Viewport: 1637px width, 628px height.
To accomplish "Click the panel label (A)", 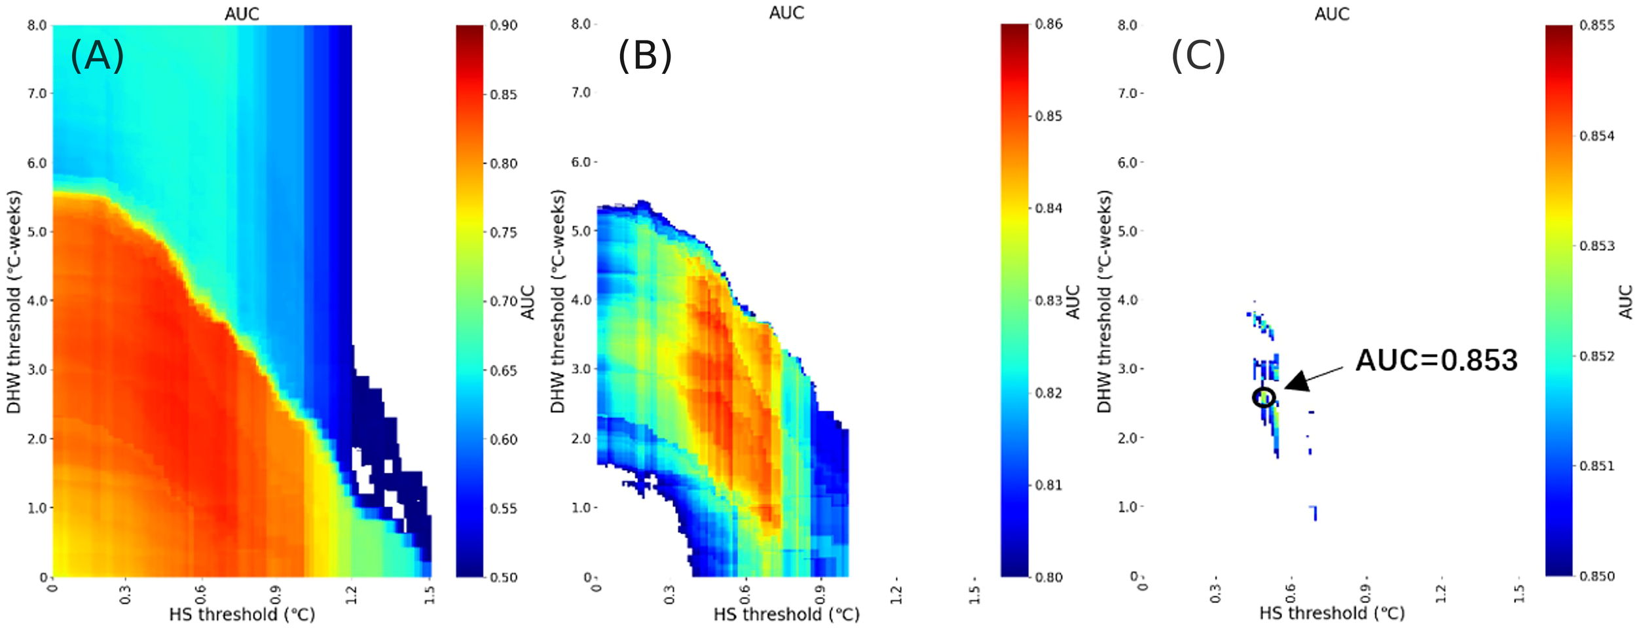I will coord(97,56).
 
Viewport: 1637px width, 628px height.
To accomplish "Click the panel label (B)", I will coord(645,56).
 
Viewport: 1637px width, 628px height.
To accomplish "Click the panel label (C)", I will coord(1198,56).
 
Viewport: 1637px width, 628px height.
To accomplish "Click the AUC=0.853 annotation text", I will coord(1436,361).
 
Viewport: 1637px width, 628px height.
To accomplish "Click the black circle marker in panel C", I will coord(1264,396).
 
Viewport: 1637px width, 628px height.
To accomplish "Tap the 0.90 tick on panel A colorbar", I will coord(504,26).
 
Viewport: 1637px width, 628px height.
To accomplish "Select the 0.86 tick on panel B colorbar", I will coord(1048,24).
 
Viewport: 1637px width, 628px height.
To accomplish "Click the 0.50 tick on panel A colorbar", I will coord(504,578).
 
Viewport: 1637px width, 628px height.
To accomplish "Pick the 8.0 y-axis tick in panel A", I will coord(37,26).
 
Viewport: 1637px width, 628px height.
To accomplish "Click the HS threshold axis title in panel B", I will coord(786,614).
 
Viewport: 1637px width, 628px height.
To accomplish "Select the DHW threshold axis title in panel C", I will coord(1105,301).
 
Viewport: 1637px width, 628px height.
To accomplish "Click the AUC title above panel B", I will coord(786,12).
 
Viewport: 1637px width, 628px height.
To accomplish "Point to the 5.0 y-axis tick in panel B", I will coord(581,231).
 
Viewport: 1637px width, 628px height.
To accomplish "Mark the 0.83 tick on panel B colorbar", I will coord(1048,301).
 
